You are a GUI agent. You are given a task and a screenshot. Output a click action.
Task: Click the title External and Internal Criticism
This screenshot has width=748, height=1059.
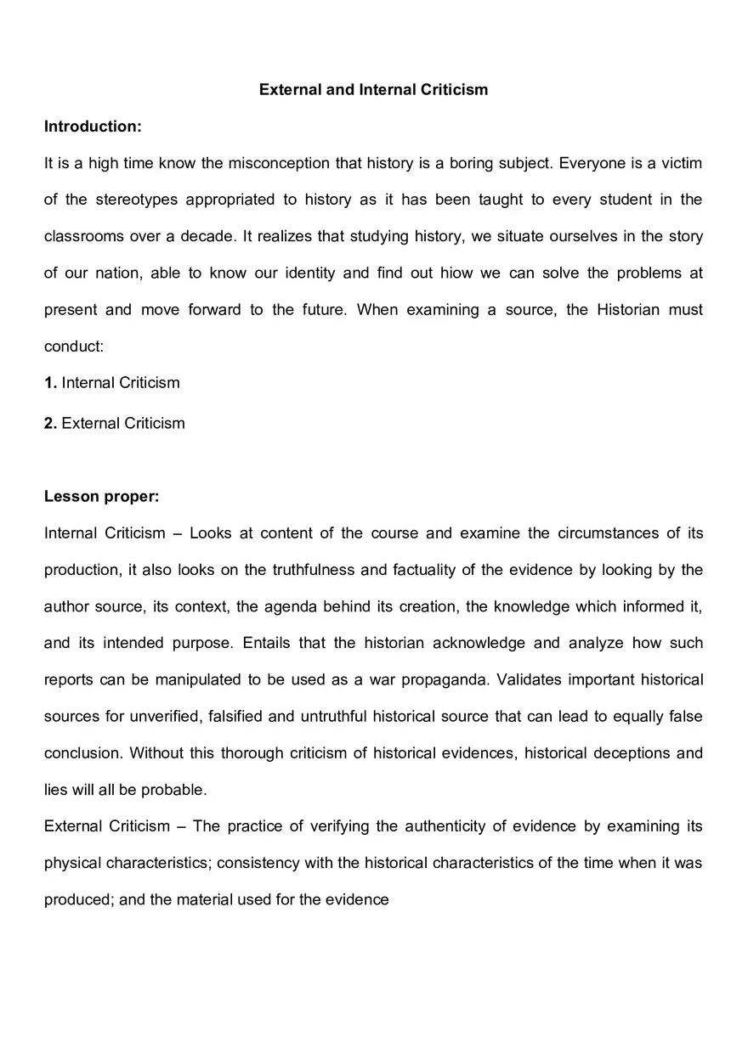point(373,89)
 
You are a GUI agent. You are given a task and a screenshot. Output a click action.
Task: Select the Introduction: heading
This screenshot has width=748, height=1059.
point(93,127)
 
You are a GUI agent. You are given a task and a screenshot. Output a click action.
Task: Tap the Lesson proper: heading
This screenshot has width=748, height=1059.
point(101,496)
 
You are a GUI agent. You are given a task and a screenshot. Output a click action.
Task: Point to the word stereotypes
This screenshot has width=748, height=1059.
point(136,200)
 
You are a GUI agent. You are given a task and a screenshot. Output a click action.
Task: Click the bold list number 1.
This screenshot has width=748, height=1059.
point(50,382)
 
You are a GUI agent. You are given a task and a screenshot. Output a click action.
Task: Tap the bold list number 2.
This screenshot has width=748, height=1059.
point(50,423)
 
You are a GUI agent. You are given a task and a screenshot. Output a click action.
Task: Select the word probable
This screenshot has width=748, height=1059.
point(173,789)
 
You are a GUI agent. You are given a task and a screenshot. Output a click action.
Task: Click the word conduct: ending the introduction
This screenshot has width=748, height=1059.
point(74,346)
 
